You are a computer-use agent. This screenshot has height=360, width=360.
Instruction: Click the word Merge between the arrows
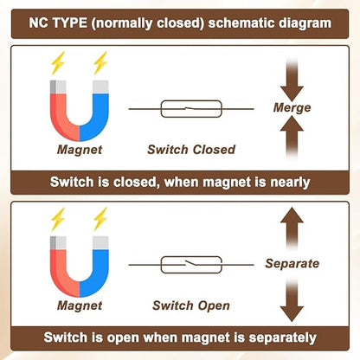(292, 108)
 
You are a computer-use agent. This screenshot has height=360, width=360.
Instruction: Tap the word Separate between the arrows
(292, 264)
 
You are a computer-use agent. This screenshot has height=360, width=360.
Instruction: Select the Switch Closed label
(191, 150)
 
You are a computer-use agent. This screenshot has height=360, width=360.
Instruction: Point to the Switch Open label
(191, 305)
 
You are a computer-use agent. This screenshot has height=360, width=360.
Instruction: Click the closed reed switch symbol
(191, 109)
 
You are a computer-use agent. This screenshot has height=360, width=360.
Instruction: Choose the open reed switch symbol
(191, 265)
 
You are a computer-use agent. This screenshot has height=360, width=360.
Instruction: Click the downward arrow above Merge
(292, 80)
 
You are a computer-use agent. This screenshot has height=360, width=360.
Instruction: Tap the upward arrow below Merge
(292, 137)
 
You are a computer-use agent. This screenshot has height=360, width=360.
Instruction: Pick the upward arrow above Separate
(292, 229)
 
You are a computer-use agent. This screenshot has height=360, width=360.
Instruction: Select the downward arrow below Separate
(292, 300)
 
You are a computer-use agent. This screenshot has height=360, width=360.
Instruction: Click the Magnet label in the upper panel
(80, 150)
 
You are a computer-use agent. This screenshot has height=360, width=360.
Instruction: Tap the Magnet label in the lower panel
(80, 305)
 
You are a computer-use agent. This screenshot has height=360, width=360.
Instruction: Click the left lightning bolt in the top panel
(57, 63)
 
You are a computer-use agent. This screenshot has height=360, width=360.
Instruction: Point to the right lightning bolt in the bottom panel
(100, 219)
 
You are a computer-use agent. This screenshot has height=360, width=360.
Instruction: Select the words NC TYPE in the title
(58, 23)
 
